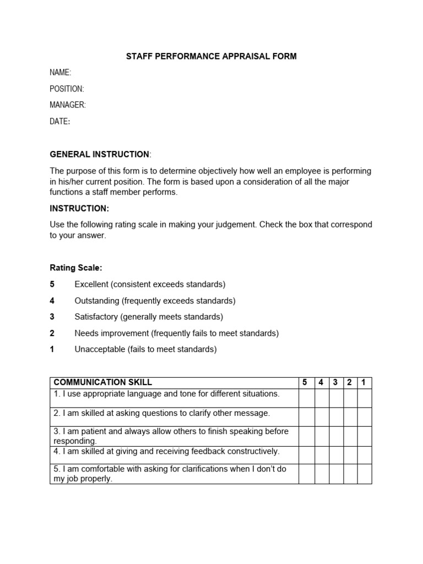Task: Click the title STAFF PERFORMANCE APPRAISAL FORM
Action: point(211,56)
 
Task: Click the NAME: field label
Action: point(60,72)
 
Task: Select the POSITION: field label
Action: point(67,89)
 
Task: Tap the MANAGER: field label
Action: point(68,105)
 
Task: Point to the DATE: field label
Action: point(59,121)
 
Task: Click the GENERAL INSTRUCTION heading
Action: point(100,154)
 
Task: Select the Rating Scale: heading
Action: point(76,268)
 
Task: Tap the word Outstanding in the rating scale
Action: point(97,301)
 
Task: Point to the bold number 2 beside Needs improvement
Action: point(52,333)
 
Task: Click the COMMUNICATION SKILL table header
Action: point(103,382)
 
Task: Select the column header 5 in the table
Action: point(306,382)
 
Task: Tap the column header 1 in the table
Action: point(364,382)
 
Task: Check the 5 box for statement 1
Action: point(306,398)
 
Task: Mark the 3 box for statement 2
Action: point(336,416)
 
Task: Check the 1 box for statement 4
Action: point(364,454)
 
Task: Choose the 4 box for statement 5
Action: point(322,474)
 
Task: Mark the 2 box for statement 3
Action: point(350,436)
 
